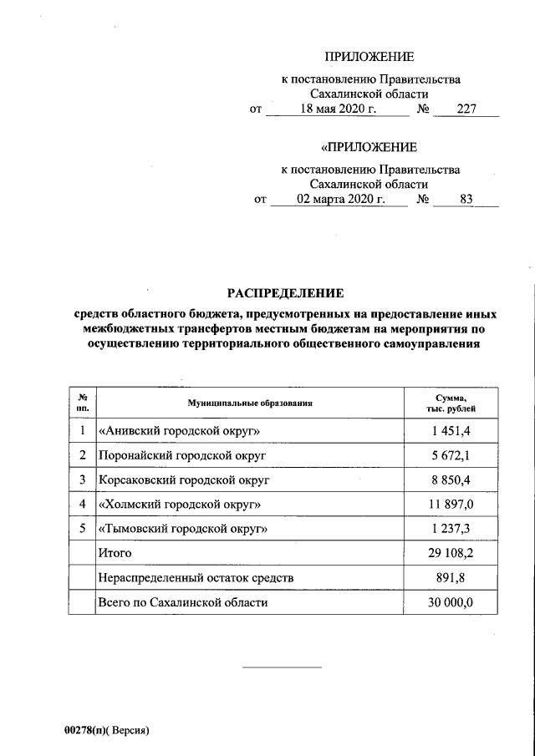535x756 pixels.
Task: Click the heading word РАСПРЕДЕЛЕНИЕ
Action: tap(286, 293)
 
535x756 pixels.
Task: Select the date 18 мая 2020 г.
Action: tap(339, 109)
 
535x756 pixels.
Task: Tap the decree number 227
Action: tap(466, 109)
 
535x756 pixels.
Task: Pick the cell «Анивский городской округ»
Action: tap(173, 431)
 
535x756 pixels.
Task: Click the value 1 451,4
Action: tap(451, 431)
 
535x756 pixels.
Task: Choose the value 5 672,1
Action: tap(451, 456)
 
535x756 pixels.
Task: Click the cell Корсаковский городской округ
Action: tap(184, 480)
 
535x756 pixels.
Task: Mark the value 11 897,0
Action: tap(450, 505)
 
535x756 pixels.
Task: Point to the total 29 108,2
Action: tap(450, 553)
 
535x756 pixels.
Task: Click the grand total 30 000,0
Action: tap(450, 601)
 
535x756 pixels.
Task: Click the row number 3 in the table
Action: tap(82, 480)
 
